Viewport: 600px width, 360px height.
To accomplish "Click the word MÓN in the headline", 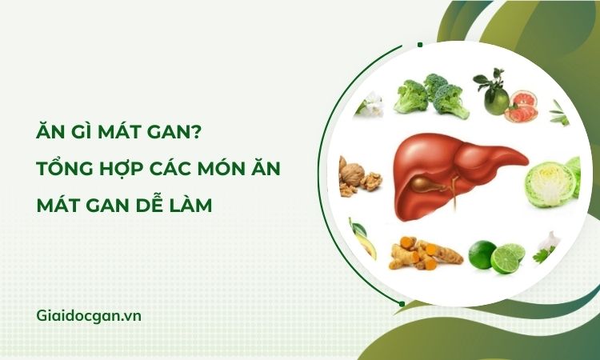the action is [218, 169].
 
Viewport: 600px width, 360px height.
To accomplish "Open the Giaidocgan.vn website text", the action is [89, 316].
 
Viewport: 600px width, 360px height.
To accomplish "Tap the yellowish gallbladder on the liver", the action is [426, 185].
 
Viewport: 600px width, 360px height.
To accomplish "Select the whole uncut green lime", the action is [482, 254].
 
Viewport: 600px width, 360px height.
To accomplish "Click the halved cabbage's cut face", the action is [550, 184].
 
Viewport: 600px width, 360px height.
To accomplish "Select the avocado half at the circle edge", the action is [362, 238].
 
